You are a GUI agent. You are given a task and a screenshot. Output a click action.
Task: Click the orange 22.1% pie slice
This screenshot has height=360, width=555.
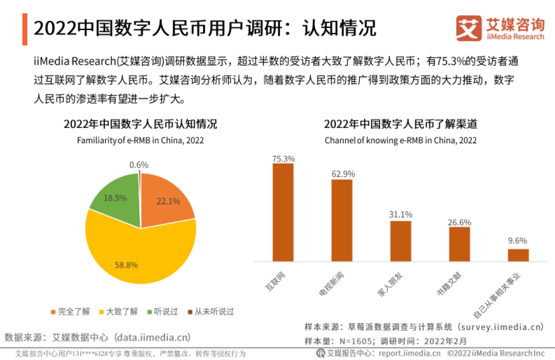click(x=164, y=199)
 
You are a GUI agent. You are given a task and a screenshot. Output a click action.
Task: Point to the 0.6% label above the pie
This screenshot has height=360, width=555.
click(x=139, y=165)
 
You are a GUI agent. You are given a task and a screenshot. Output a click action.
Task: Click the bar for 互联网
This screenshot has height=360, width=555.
click(x=283, y=213)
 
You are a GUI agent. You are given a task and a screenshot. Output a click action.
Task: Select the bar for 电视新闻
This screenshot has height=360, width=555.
click(x=342, y=220)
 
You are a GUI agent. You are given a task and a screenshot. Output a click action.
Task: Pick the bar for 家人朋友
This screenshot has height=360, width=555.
click(x=401, y=241)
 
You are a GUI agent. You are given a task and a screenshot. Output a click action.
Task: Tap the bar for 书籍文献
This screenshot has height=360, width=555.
click(x=459, y=244)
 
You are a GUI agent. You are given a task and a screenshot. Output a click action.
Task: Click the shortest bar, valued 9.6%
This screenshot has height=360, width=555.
click(x=518, y=255)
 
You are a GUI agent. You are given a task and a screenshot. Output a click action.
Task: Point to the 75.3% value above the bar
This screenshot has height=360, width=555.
click(x=283, y=159)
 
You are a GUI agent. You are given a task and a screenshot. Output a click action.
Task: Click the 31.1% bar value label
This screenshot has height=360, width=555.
click(x=401, y=215)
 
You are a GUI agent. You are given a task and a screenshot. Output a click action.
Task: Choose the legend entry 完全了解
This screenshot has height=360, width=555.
click(x=70, y=311)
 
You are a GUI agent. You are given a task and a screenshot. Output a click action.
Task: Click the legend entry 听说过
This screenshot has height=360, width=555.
click(x=162, y=311)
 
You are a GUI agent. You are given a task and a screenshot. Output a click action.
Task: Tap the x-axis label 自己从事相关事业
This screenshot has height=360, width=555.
click(x=497, y=296)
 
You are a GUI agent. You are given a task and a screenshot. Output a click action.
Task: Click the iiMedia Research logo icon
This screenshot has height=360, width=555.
click(x=469, y=28)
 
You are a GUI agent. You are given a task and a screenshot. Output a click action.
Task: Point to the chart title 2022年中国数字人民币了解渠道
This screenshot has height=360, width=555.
click(x=401, y=124)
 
